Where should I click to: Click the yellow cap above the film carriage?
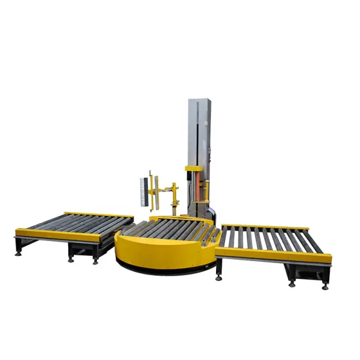pos(194,170)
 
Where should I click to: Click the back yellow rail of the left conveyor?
pos(98,214)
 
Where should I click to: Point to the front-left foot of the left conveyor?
pos(18,253)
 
